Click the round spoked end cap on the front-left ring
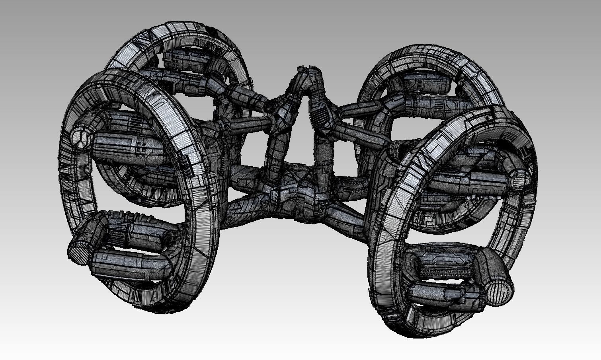[80, 139]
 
